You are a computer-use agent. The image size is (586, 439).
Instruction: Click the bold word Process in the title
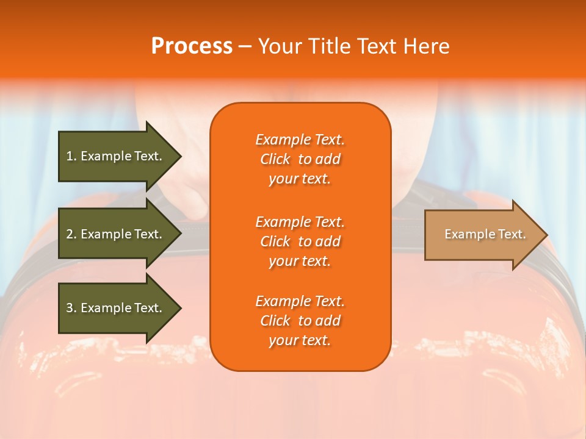pos(192,46)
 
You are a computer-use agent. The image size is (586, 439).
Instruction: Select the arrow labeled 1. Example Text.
pos(116,156)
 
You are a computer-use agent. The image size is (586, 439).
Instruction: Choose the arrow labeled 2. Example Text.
pos(116,234)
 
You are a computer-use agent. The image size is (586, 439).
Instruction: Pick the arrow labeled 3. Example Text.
pos(116,308)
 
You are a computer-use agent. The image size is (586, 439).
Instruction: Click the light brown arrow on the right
pos(482,235)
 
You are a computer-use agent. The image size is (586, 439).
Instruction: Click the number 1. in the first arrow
pos(71,156)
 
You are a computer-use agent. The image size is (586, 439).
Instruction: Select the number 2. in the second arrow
pos(71,234)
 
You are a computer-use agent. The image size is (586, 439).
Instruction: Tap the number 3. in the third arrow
pos(71,308)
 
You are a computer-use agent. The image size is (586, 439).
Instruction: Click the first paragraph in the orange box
pos(300,159)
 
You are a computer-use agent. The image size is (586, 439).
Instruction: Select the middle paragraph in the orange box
pos(300,241)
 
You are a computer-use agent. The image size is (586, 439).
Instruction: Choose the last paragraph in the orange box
pos(300,321)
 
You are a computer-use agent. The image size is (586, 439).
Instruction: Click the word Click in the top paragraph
pos(275,159)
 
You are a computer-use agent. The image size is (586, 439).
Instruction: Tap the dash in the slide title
pos(245,46)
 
